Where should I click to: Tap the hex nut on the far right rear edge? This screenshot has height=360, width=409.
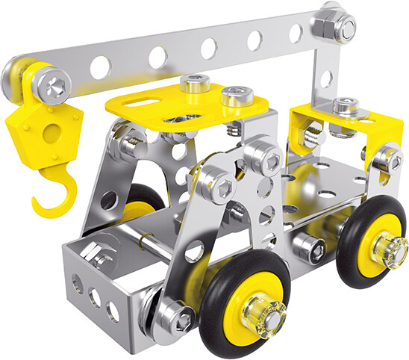(386, 158)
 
